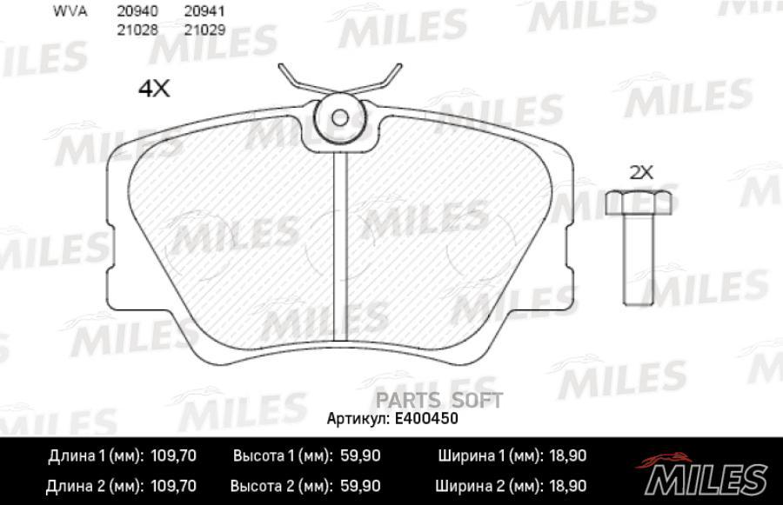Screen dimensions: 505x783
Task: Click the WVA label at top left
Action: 69,12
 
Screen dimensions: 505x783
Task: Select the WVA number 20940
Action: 131,12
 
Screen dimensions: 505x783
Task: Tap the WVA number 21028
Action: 131,29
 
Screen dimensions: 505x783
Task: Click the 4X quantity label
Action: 153,89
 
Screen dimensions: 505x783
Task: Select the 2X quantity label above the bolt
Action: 640,172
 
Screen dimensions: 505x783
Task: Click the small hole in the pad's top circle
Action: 341,117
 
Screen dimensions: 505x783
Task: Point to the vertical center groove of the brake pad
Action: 341,243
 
